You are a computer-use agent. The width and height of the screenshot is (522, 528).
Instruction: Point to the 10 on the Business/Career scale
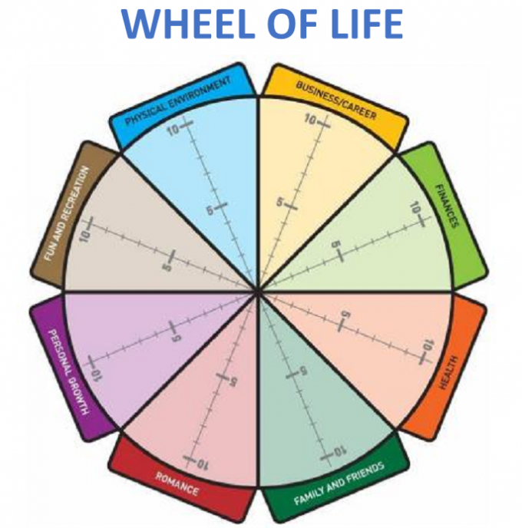click(x=311, y=120)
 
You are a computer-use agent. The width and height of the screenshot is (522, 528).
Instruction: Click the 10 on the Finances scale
click(x=415, y=208)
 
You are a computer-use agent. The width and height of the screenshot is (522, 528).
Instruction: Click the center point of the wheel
click(x=259, y=292)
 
